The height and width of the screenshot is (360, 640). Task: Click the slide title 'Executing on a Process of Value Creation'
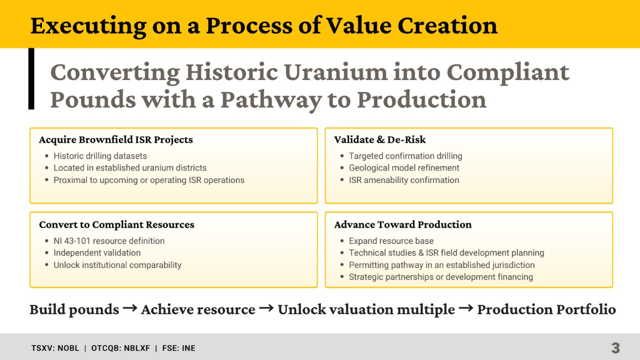264,26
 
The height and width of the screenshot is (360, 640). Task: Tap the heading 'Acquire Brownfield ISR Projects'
115,140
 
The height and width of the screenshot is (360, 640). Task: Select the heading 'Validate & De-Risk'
380,140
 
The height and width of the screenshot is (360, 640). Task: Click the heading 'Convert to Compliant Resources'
117,225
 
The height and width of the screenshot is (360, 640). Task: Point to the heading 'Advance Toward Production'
403,225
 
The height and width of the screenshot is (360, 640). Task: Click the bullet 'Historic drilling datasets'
100,156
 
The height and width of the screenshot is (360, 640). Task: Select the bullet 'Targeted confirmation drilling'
405,156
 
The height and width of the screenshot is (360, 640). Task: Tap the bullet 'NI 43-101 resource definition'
109,241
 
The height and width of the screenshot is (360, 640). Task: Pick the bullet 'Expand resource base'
391,241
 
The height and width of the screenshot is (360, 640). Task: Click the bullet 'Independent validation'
97,253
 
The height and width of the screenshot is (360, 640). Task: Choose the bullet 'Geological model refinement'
404,168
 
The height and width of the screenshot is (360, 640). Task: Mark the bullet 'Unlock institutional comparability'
117,265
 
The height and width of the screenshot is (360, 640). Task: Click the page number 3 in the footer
615,348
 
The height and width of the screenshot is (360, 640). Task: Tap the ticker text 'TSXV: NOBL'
55,348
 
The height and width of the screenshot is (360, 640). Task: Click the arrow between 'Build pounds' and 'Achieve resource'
130,309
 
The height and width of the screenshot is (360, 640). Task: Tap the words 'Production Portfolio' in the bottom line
546,310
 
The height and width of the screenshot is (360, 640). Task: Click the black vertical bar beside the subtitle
31,78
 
